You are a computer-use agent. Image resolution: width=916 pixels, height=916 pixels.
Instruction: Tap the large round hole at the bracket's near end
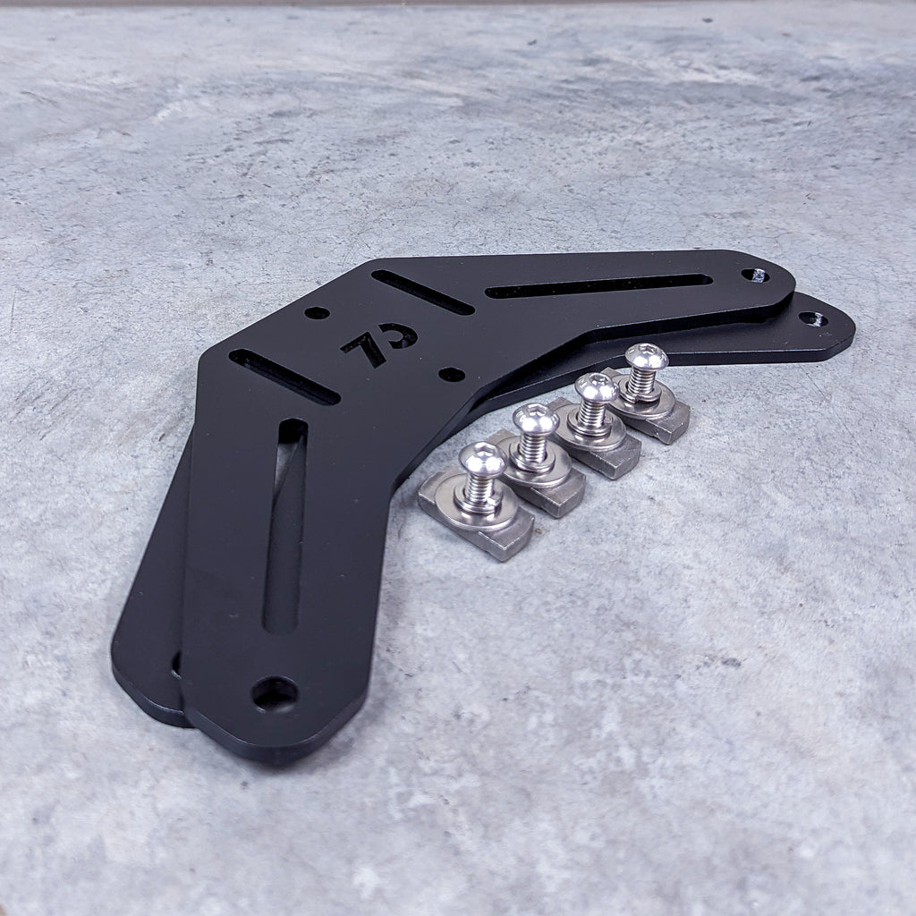(274, 691)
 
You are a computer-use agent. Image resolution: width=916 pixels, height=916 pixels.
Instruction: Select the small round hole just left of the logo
(317, 313)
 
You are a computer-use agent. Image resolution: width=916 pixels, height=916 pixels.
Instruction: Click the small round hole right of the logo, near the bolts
(453, 374)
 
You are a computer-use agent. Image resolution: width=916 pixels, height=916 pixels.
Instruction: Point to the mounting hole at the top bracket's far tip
(754, 276)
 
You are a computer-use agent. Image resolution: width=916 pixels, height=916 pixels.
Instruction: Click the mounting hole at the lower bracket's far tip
(812, 318)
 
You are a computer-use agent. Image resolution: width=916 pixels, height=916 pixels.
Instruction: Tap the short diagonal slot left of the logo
(284, 376)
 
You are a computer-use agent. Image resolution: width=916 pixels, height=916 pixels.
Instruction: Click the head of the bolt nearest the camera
(481, 460)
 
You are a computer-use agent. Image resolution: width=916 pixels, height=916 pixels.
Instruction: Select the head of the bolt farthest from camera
(646, 358)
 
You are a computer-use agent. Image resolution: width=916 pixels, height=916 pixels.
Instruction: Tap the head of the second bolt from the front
(535, 420)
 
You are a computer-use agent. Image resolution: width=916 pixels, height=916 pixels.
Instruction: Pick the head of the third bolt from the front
(596, 387)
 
